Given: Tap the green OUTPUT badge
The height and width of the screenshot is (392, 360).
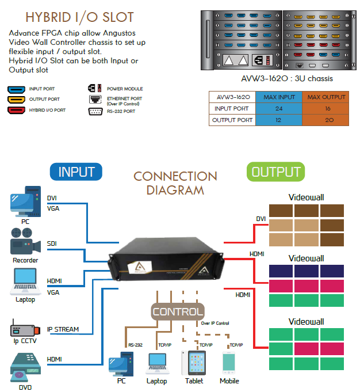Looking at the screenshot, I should [x=276, y=172].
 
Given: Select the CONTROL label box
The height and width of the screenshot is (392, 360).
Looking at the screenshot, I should [x=178, y=312].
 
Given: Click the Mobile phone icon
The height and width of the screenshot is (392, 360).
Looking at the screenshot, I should [x=229, y=363].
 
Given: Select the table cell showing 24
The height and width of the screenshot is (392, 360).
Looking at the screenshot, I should [x=278, y=108].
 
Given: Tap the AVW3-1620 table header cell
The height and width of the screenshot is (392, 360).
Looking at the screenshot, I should [x=232, y=97].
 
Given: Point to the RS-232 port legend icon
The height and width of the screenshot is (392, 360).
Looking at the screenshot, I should [x=95, y=112].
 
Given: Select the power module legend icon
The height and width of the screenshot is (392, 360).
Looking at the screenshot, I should [x=95, y=89].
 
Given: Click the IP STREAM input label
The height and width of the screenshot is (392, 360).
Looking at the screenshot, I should [x=63, y=330].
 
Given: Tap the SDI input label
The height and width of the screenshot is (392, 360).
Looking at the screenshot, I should [x=52, y=243].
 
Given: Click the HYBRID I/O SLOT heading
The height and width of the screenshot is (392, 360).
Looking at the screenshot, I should [x=79, y=17].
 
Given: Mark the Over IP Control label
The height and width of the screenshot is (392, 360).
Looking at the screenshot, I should [x=215, y=324].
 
